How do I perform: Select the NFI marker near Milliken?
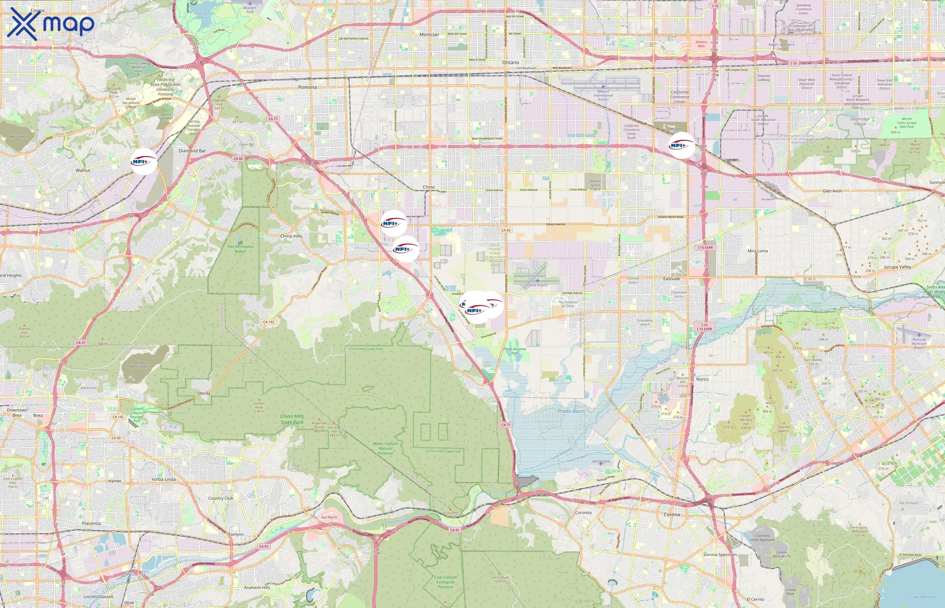pos(681,145)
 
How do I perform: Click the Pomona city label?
pos(307,87)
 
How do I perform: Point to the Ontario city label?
pos(510,62)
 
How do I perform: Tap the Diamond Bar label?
pos(192,151)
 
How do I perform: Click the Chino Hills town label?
pos(291,236)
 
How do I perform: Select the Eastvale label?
pos(671,279)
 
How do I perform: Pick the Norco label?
pos(702,379)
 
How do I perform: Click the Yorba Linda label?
pos(163,479)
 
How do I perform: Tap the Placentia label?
pos(91,524)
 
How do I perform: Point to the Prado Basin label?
pos(571,411)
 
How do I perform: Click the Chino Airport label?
pos(537,285)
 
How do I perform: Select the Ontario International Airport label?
pos(603,95)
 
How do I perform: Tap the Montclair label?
pos(429,35)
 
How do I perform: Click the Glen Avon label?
pos(832,191)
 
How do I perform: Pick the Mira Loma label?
pos(757,251)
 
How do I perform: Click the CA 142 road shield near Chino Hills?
pos(269,322)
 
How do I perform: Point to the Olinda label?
pos(204,393)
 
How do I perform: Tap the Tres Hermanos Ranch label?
pos(240,249)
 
